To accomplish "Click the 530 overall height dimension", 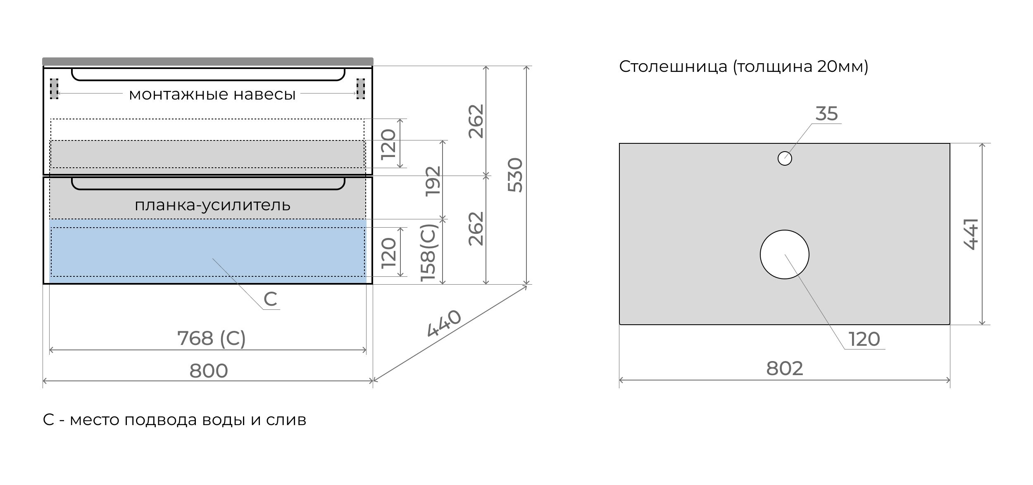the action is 515,175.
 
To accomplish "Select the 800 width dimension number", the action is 209,371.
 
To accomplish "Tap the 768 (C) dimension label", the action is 212,338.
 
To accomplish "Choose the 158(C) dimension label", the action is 428,253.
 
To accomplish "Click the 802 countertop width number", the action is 784,369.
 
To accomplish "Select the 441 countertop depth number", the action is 971,234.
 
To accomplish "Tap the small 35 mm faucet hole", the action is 785,158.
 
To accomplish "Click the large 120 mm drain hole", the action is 784,254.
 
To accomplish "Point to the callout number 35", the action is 826,114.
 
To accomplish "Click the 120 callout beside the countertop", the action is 864,339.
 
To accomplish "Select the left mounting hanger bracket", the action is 54,89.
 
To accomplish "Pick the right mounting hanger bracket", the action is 361,89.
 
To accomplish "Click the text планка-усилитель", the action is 212,205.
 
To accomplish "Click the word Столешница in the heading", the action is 673,67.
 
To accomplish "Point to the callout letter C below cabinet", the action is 270,299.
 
